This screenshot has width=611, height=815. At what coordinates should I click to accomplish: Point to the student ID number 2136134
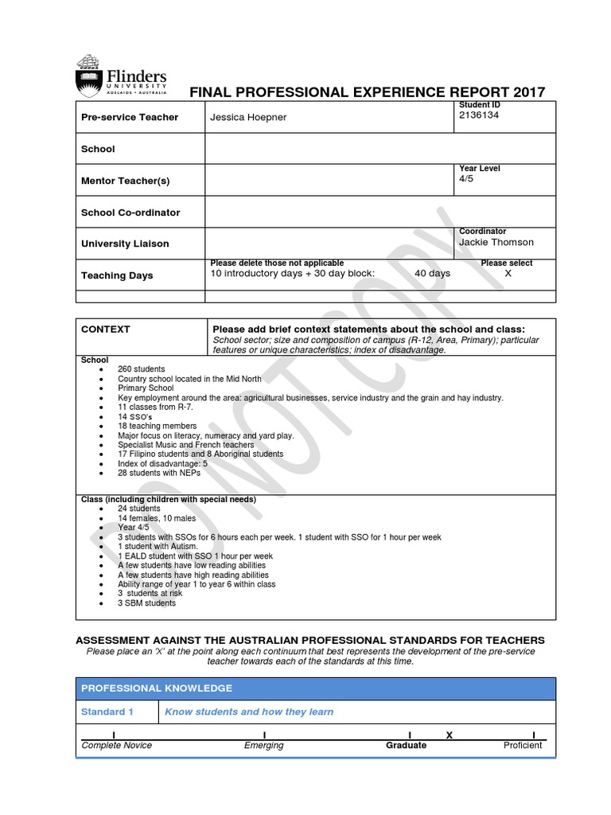pos(479,115)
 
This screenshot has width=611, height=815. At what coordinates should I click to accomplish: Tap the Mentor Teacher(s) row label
pos(125,181)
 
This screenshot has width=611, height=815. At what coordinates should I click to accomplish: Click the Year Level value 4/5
pos(465,179)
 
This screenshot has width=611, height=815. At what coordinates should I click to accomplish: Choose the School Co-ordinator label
pos(130,213)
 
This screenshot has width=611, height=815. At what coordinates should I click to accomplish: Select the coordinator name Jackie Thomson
pos(496,242)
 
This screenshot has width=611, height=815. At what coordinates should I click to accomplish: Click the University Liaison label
pos(125,244)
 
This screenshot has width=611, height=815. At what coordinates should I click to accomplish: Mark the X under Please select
pos(509,273)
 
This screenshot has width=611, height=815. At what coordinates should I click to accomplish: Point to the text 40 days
pos(432,273)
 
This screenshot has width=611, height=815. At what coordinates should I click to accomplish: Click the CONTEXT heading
pos(105,329)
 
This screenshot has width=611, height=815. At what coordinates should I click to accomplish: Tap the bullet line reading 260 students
pos(141,369)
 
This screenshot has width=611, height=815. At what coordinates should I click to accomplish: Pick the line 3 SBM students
pos(146,602)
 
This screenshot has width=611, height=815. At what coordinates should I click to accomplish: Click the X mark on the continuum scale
pos(449,735)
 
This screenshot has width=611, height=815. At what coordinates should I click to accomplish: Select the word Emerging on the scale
pos(263,746)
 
